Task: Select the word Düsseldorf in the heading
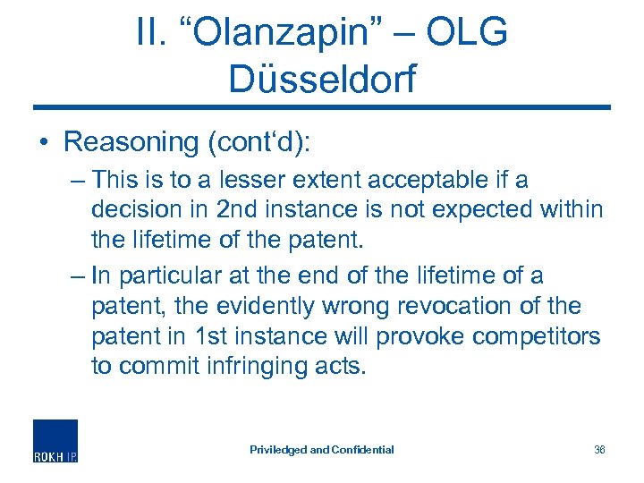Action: tap(322, 79)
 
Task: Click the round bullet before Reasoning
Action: tap(45, 142)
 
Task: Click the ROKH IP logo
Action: tap(55, 440)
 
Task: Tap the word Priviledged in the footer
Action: tap(277, 450)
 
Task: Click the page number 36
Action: tap(599, 450)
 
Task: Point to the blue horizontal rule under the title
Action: tap(322, 108)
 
